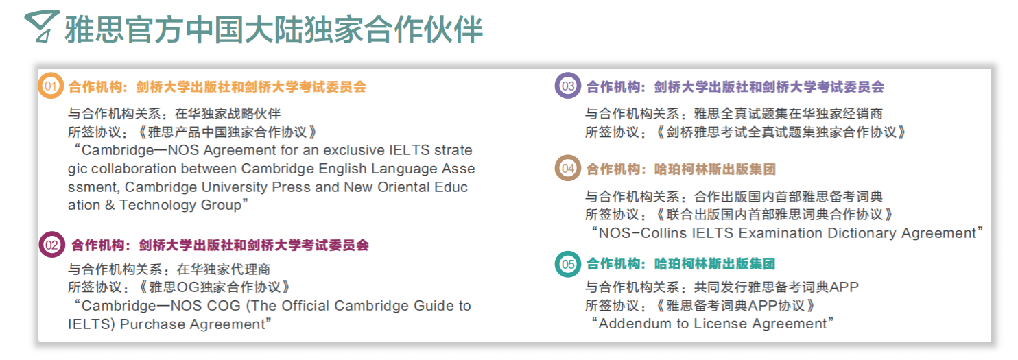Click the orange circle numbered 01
(x=51, y=86)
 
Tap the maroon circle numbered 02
(x=51, y=245)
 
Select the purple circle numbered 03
(x=567, y=86)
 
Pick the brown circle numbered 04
(x=567, y=168)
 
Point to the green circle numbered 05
(x=567, y=263)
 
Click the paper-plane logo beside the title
(x=42, y=26)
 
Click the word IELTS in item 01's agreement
(x=410, y=150)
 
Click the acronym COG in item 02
(x=224, y=306)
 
